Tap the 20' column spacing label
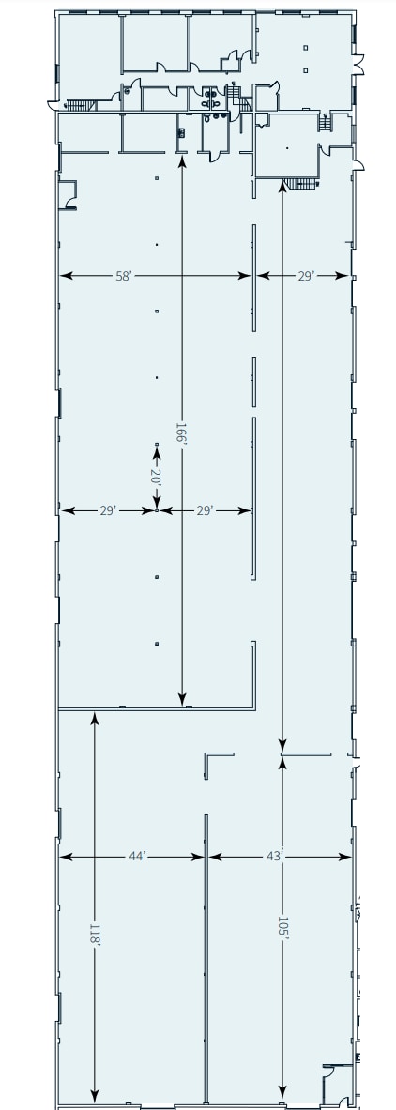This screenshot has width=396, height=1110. click(x=157, y=477)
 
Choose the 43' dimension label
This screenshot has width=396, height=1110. click(x=274, y=857)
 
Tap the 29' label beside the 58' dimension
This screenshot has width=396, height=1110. click(x=305, y=276)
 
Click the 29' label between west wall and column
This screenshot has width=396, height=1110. click(x=108, y=510)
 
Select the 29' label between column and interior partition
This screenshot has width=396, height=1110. click(x=206, y=510)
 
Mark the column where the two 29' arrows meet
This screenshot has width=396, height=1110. click(x=157, y=510)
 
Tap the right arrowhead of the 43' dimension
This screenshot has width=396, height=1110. click(x=347, y=857)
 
